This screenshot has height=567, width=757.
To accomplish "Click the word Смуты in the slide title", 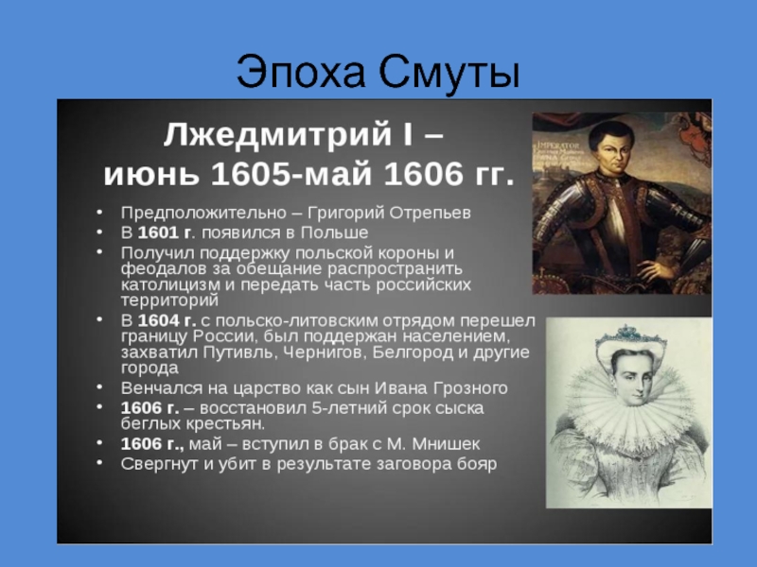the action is pos(449,74).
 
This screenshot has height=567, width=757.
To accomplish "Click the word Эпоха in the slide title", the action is pos(300,73).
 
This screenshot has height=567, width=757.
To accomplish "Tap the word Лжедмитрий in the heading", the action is pos(277,134).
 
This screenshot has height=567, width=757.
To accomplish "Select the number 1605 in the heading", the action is pos(251,174).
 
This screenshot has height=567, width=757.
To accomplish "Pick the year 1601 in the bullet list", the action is pos(158,232).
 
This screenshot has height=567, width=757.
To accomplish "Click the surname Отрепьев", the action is pos(430,214).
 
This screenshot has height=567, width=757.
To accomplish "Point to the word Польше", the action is pos(334,232).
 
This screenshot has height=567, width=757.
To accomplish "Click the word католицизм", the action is pos(170,284).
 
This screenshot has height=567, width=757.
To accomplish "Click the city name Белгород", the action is pos(413,352).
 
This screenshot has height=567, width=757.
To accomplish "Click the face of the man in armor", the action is pos(611,148).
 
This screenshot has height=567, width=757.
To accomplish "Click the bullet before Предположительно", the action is pos(99,212).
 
